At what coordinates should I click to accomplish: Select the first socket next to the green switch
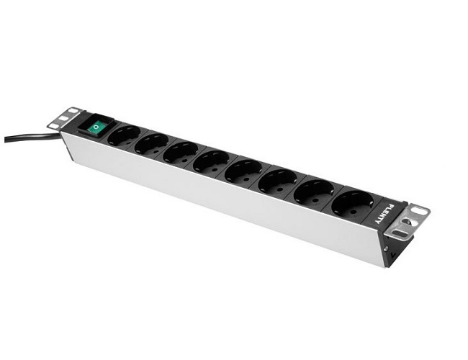tap(123, 135)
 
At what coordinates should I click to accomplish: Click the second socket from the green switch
tap(151, 143)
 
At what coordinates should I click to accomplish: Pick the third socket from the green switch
tap(180, 152)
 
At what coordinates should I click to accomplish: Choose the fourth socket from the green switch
tap(211, 161)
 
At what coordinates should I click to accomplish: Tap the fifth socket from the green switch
tap(243, 171)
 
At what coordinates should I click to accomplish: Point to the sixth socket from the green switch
tap(277, 181)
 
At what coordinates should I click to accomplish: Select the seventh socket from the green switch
tap(314, 192)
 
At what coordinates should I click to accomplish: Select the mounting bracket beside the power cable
tap(63, 118)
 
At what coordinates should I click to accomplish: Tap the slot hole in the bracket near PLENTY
tap(418, 212)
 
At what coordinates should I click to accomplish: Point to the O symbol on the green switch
tap(94, 130)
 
